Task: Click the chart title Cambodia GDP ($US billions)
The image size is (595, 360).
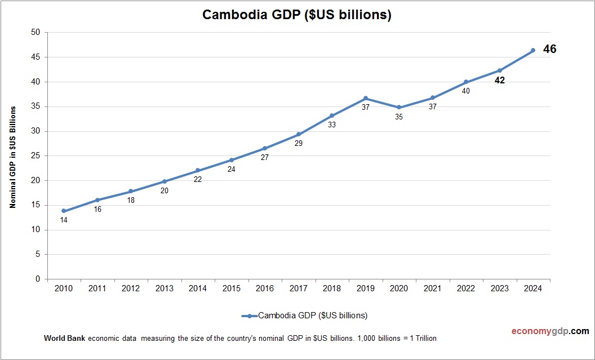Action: coord(297,15)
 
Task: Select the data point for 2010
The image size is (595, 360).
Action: coord(64,211)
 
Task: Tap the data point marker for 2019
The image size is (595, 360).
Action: coord(366,98)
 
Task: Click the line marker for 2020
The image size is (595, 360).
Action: coord(399,107)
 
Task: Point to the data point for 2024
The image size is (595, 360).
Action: coord(533,50)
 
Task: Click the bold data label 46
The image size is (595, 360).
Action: coord(549,50)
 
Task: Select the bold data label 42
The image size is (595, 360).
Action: coord(499,81)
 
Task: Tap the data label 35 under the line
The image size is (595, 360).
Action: coord(399,117)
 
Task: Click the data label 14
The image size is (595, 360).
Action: coord(64,220)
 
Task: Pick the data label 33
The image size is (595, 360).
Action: coord(332,125)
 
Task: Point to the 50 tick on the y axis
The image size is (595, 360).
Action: coord(35,32)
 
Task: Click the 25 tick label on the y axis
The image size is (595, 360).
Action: coord(35,156)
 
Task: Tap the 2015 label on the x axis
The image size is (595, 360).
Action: coord(231,288)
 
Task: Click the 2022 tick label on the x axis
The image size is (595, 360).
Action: coord(466,288)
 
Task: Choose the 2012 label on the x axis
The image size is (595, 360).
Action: coord(131,288)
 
